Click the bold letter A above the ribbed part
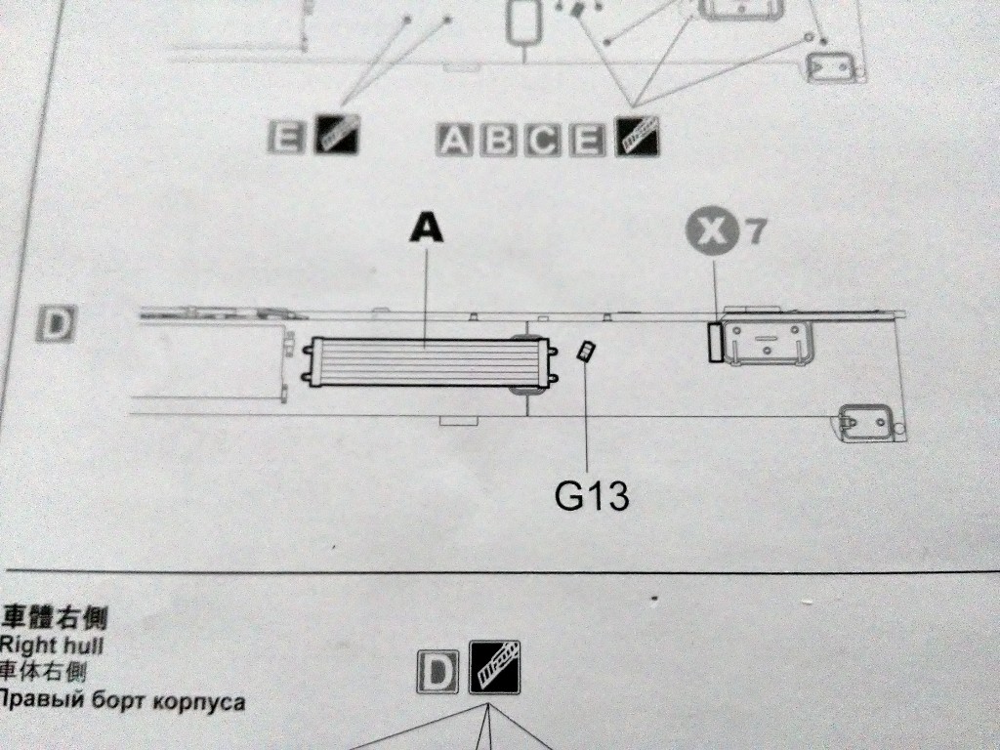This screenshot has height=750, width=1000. pyautogui.click(x=426, y=227)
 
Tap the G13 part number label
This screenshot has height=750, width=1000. pyautogui.click(x=591, y=497)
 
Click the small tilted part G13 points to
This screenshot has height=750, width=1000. pyautogui.click(x=587, y=352)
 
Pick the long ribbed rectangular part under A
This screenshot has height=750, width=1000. pyautogui.click(x=424, y=361)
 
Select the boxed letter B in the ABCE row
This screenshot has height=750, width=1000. pyautogui.click(x=500, y=141)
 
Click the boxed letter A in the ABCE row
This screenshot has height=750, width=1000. pyautogui.click(x=456, y=141)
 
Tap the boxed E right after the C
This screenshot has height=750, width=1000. pyautogui.click(x=587, y=141)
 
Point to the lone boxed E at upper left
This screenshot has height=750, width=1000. pyautogui.click(x=286, y=138)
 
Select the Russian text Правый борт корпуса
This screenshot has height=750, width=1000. pyautogui.click(x=122, y=701)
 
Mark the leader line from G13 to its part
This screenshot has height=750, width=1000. pyautogui.click(x=588, y=420)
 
